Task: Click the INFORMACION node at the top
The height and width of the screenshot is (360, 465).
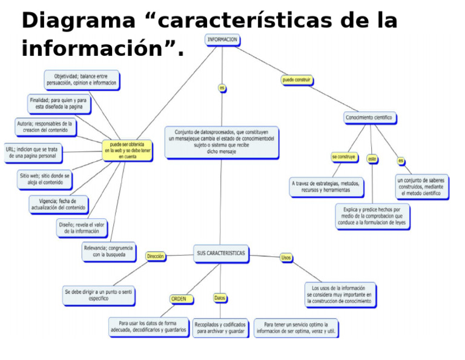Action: (x=222, y=39)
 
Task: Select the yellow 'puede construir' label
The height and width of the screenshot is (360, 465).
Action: (x=297, y=80)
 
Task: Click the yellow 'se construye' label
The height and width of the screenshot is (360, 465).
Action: (x=343, y=157)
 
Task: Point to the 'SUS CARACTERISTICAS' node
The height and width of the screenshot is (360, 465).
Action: (x=221, y=253)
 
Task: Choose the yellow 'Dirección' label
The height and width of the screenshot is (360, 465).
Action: (x=156, y=256)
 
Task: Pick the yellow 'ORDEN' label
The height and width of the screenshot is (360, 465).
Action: (x=179, y=299)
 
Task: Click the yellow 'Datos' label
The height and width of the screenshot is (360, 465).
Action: (x=220, y=298)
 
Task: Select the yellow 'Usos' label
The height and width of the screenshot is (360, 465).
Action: (x=286, y=258)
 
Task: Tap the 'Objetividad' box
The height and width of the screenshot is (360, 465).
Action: (x=81, y=80)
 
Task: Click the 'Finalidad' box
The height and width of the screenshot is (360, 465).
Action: (x=58, y=103)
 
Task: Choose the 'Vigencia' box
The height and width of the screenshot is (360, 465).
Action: (x=58, y=204)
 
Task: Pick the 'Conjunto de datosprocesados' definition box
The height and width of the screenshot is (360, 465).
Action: (x=221, y=142)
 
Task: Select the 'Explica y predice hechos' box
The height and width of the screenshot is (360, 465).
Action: (x=372, y=216)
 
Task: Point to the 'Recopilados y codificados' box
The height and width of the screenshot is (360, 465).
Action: (x=220, y=328)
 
